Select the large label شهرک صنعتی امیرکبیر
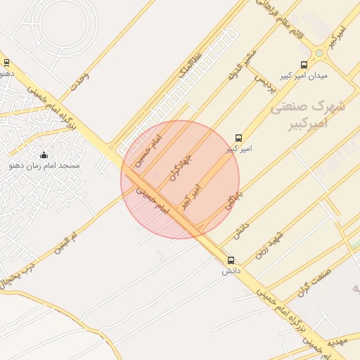point(308,115)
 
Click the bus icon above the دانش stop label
point(231,260)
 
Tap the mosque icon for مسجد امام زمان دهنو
point(44,155)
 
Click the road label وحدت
point(78,82)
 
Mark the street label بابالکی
point(233,198)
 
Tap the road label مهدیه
point(340,337)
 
